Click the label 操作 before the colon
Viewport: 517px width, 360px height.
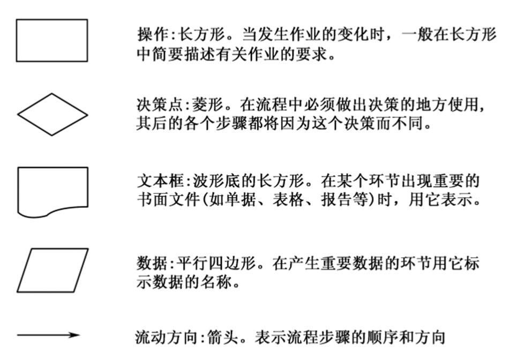153,35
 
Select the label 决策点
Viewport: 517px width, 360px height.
160,105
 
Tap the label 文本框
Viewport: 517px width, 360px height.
161,181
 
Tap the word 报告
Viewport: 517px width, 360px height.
336,200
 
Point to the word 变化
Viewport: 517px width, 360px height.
353,35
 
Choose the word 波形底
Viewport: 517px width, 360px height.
216,181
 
